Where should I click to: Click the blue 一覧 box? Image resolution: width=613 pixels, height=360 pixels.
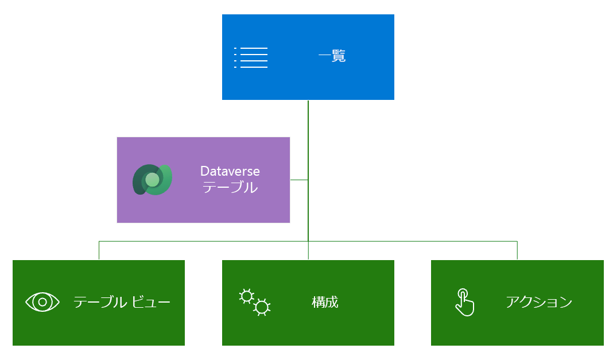point(308,57)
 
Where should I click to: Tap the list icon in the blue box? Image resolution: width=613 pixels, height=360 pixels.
point(251,57)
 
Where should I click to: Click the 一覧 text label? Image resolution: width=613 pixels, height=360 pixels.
point(332,56)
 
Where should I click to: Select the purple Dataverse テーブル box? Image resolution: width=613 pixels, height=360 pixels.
point(203,180)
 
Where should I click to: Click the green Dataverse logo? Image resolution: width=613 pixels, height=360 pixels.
point(153,180)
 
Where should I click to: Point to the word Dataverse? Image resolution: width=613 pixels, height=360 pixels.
point(230,171)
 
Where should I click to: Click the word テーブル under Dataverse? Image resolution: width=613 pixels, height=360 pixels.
point(230,187)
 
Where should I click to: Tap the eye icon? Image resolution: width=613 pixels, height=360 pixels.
point(42,302)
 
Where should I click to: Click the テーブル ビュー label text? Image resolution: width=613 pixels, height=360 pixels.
point(122,302)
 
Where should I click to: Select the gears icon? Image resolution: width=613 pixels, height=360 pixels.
point(254,302)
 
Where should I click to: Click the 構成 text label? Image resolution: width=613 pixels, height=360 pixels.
point(325,302)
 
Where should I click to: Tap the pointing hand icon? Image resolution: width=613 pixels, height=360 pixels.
point(465,302)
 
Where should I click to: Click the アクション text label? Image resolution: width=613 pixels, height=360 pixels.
point(539,302)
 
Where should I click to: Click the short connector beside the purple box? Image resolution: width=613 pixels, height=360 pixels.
point(299,180)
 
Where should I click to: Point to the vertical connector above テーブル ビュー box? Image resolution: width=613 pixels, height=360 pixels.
point(99,250)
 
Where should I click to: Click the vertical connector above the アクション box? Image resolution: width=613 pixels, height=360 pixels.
point(517,250)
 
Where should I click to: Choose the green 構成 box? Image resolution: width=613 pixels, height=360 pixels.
point(308,303)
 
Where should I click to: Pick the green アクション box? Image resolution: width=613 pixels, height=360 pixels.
point(517,303)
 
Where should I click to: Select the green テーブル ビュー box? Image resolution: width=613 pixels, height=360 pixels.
point(99,303)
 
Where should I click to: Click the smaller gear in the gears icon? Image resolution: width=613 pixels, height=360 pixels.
point(247,296)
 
